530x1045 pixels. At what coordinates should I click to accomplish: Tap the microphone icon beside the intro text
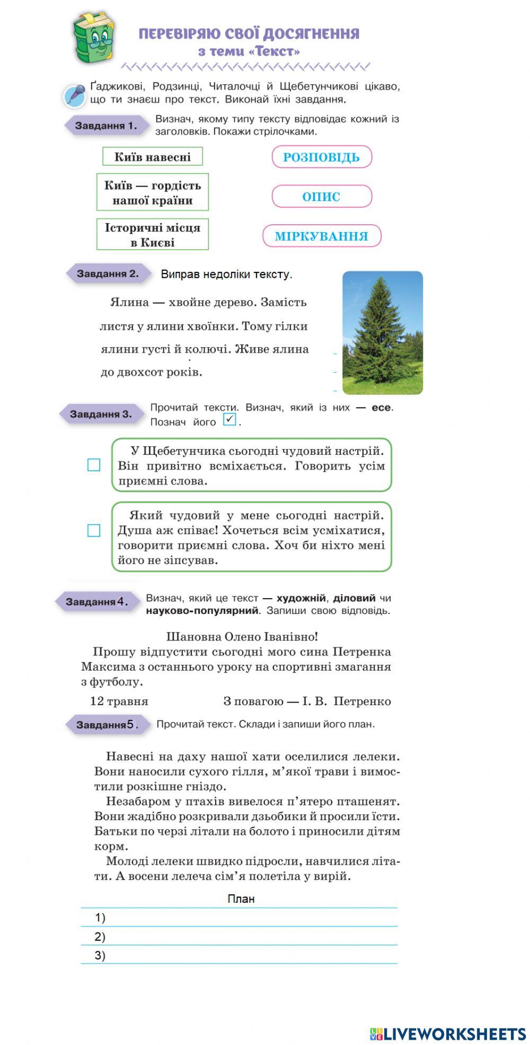coord(75,95)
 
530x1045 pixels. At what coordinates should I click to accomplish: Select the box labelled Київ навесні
coord(153,156)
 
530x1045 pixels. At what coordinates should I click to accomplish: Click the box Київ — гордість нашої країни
coord(153,192)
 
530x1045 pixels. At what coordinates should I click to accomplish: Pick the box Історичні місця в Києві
coord(153,234)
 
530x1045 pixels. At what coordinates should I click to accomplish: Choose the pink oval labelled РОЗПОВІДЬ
coord(322,157)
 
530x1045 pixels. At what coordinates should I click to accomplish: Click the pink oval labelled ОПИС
coord(322,197)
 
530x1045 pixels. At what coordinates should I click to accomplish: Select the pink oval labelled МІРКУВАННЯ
coord(322,236)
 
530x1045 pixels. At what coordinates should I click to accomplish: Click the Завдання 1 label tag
coord(105,126)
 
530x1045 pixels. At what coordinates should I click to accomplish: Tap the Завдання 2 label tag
coord(108,274)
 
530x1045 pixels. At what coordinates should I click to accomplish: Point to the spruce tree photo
coord(382,332)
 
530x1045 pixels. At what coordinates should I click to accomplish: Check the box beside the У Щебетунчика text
coord(94,465)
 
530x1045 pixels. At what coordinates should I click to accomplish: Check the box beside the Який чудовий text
coord(94,531)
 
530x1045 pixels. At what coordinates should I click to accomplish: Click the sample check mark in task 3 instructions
coord(229,419)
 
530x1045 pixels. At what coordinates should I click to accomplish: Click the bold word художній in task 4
coord(301,598)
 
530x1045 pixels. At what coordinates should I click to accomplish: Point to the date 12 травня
coord(119,701)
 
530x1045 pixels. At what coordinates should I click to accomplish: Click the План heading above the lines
coord(241,899)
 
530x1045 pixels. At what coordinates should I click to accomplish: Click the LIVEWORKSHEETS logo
coord(448,1033)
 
